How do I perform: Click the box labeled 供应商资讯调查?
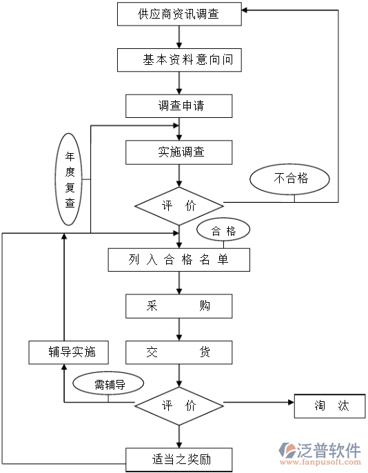tap(179, 13)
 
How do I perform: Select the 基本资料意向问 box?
tap(179, 60)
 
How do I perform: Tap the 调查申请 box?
tap(179, 106)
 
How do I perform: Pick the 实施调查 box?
tap(179, 152)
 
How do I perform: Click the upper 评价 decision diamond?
tap(179, 205)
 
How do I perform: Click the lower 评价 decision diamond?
tap(179, 405)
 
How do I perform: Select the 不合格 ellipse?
tap(290, 179)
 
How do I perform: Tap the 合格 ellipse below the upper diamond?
tap(223, 231)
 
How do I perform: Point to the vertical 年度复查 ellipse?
tap(70, 179)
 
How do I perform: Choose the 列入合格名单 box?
tap(179, 259)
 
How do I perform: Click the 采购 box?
tap(179, 306)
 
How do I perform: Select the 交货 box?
tap(179, 352)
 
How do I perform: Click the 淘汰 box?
tap(330, 405)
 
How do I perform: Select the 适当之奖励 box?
tap(179, 458)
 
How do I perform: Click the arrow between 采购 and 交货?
tap(179, 330)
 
